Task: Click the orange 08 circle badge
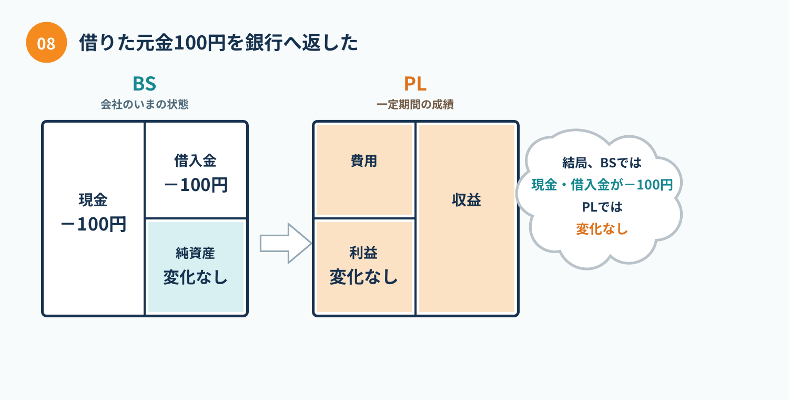coord(46,42)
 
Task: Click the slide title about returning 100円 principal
coord(219,43)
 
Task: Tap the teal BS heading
coord(144,84)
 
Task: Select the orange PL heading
coord(415,84)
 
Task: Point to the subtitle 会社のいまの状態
coord(145,105)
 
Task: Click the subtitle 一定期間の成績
coord(415,105)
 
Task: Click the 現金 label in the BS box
coord(93,200)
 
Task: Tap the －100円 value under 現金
coord(94,224)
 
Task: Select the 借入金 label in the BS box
coord(195,161)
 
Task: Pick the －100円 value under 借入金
coord(196,185)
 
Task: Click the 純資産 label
coord(195,253)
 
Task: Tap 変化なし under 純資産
coord(195,277)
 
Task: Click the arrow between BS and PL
coord(285,244)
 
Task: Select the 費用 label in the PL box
coord(363,161)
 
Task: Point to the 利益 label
coord(363,253)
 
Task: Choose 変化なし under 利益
coord(363,277)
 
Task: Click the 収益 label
coord(467,200)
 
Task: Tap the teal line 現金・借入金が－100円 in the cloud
coord(602,185)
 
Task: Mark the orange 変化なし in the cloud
coord(602,229)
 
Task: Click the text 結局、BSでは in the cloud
coord(602,163)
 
